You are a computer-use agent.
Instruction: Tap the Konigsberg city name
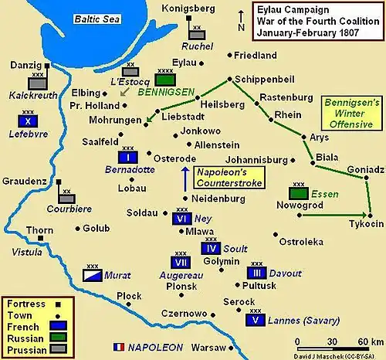pyautogui.click(x=188, y=8)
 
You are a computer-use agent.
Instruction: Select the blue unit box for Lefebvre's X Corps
pyautogui.click(x=28, y=121)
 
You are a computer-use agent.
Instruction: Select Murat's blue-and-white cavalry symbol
pyautogui.click(x=91, y=274)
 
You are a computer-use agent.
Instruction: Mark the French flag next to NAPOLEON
pyautogui.click(x=120, y=347)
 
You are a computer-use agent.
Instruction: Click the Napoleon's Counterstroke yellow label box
pyautogui.click(x=228, y=177)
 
